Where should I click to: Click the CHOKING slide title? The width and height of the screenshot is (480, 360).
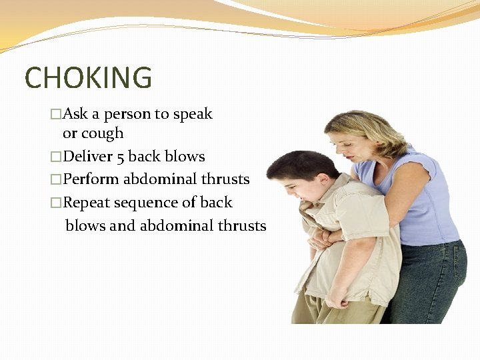[88, 78]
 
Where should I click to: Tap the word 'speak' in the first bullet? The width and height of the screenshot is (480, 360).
[193, 114]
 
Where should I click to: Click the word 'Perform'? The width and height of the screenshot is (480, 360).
[91, 179]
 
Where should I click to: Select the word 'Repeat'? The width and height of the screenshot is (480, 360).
[88, 203]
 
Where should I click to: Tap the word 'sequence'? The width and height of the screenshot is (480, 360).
[147, 203]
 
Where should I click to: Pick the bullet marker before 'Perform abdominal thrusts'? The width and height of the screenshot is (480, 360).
[56, 180]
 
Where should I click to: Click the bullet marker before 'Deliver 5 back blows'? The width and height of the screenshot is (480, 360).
[56, 157]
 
